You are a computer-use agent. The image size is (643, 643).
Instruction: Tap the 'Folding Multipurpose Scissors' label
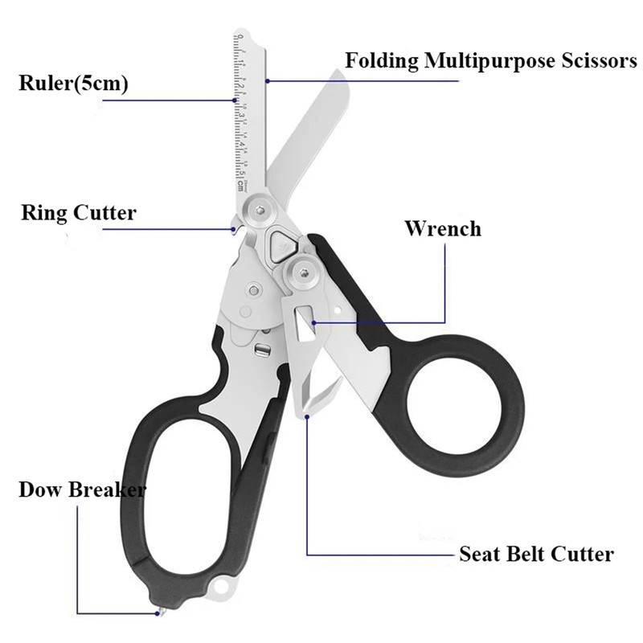coord(491,61)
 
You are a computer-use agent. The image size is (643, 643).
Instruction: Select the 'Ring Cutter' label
coord(79,213)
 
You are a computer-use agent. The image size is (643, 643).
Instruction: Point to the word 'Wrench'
coord(443,228)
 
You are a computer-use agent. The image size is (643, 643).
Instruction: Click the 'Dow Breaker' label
coord(82,489)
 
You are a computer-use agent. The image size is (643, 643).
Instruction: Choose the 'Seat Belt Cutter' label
coord(536,554)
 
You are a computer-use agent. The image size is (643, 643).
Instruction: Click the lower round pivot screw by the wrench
coord(302,274)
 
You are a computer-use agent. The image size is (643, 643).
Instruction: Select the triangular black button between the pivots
coord(281,244)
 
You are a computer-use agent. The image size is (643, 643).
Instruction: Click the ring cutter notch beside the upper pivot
coord(236,228)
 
